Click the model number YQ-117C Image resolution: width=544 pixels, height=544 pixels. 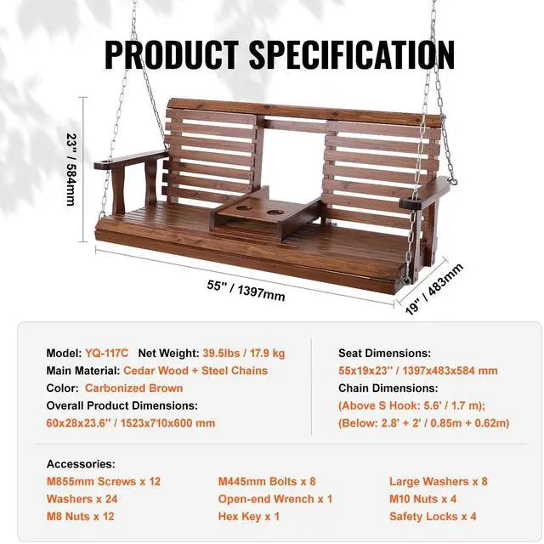coord(106,353)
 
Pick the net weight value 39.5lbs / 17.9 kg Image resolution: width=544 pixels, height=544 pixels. coord(244,353)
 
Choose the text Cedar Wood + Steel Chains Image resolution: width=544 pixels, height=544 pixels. coord(195,371)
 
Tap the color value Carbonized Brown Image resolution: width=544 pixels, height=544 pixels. coord(133,388)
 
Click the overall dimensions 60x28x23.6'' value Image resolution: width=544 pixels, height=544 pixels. coord(131,422)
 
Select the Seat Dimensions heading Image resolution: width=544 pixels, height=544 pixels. coord(384,353)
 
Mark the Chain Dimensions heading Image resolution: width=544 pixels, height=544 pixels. coord(388,388)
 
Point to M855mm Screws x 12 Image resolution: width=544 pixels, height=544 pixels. coord(104,482)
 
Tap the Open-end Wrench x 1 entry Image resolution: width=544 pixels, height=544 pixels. coord(275,499)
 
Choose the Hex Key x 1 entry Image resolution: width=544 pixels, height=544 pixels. coord(249,516)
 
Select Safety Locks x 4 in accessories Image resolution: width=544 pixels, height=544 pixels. coord(432,516)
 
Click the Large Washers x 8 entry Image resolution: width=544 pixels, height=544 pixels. coord(438,482)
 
